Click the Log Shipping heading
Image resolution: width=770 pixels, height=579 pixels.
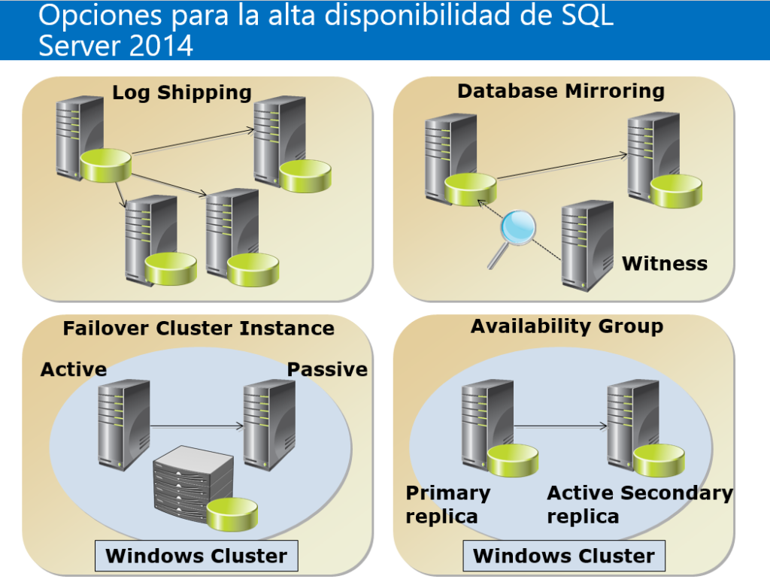(x=181, y=92)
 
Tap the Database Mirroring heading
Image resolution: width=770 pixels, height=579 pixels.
(x=561, y=91)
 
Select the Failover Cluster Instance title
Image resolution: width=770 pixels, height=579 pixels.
(x=199, y=328)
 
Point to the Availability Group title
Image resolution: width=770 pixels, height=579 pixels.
(x=567, y=326)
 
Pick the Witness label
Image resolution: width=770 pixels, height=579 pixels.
(x=665, y=264)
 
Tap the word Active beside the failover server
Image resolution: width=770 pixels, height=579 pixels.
(x=74, y=369)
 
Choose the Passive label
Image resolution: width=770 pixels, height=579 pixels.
(x=327, y=369)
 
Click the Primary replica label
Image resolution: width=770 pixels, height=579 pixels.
(x=447, y=505)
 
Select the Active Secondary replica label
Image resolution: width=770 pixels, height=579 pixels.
(x=639, y=505)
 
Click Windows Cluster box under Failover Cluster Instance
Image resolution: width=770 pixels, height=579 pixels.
(x=196, y=556)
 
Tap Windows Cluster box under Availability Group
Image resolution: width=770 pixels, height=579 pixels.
(x=564, y=556)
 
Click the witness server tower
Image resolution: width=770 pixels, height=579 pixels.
(x=587, y=244)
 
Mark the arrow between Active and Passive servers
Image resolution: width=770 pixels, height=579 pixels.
(x=197, y=426)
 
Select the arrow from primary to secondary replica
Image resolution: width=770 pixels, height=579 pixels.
(x=561, y=426)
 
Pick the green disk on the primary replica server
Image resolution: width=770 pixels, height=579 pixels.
(x=513, y=459)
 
